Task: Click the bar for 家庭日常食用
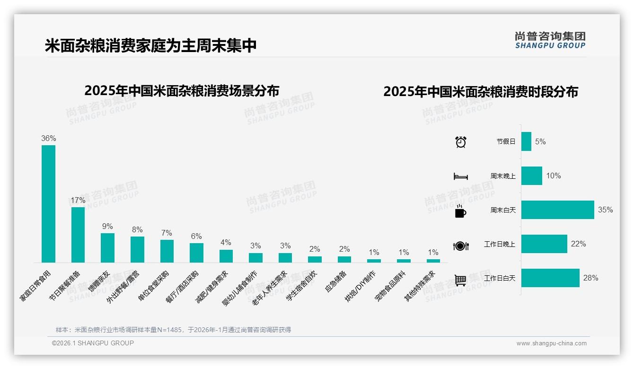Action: coord(48,203)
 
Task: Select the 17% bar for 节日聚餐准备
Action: coord(78,235)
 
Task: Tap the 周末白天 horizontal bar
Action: coord(557,210)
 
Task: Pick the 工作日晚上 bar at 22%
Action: coord(544,244)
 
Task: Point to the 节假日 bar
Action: coord(526,141)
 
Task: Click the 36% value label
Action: coord(48,138)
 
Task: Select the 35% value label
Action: coord(605,210)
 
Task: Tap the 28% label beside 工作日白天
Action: coord(590,278)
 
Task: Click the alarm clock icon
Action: coord(460,141)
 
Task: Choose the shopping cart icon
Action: coord(460,280)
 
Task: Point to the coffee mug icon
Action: coord(460,211)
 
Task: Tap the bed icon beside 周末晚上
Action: coord(460,176)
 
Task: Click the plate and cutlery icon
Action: coord(460,246)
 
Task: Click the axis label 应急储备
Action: coord(336,281)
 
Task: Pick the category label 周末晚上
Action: coord(502,176)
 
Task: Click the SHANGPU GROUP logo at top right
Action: coord(550,40)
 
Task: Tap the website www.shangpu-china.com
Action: coord(551,343)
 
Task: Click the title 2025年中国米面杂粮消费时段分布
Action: coord(480,91)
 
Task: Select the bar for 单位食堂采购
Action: coord(167,251)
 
